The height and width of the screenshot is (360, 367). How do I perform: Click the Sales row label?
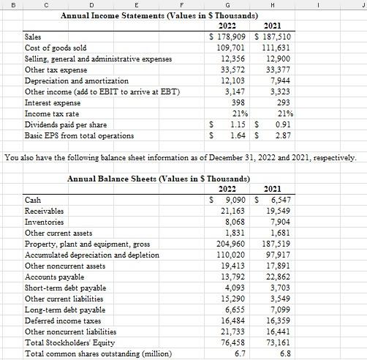click(x=33, y=36)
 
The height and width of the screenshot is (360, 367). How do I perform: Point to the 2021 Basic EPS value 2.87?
click(x=281, y=135)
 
